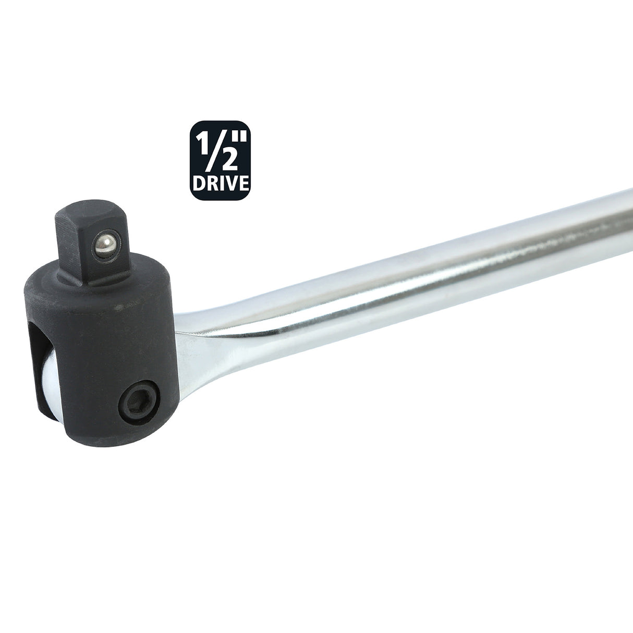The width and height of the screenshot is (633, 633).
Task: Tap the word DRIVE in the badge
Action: (220, 184)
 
